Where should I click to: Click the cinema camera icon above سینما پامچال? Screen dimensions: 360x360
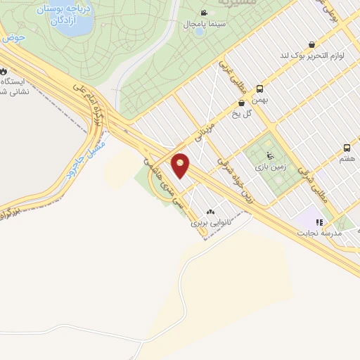204,13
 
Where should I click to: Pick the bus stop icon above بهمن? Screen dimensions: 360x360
259,89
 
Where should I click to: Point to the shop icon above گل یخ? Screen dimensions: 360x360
241,103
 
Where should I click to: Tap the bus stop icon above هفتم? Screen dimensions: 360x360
347,148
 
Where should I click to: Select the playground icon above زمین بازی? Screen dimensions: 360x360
269,156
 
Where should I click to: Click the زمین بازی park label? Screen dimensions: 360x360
269,168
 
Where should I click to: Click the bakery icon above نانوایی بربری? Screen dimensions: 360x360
211,212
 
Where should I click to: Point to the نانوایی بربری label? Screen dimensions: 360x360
211,223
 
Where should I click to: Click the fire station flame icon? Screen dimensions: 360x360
4,72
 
